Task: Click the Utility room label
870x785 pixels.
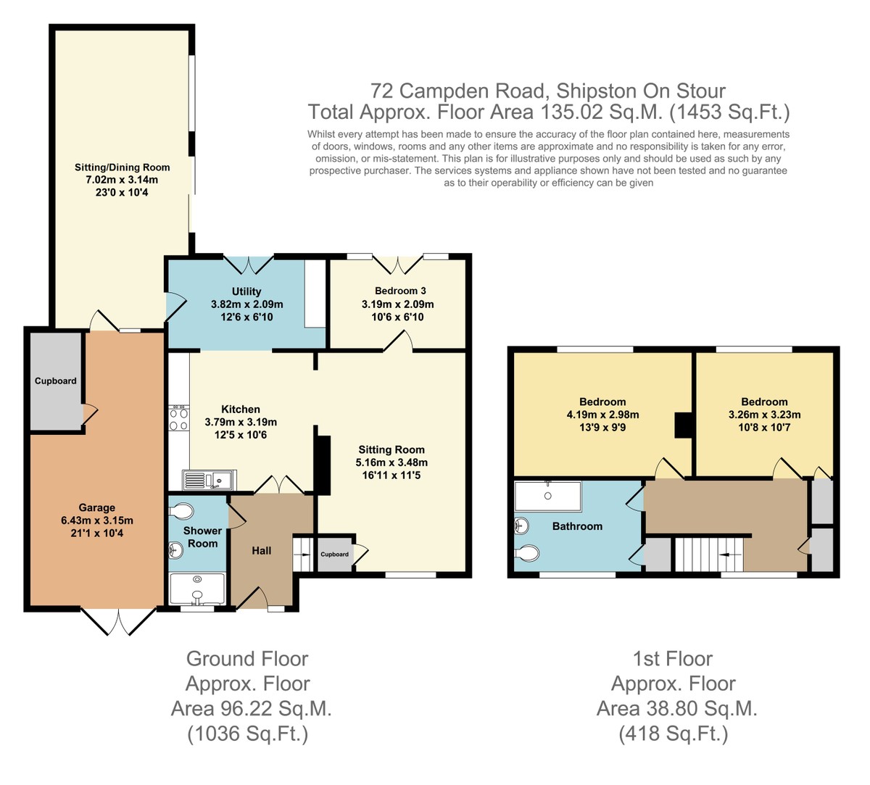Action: (246, 291)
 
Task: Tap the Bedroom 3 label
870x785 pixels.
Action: (400, 291)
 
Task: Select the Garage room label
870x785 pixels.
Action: (96, 507)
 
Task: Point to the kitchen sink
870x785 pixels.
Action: (210, 480)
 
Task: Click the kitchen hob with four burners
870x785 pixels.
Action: (178, 418)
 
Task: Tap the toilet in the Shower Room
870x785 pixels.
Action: (181, 511)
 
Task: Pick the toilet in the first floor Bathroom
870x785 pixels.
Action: (526, 552)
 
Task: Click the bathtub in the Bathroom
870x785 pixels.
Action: (548, 497)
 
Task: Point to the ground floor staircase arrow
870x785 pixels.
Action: (303, 555)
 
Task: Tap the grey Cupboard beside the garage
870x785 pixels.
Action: (56, 381)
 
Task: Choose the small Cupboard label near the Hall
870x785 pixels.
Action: (334, 555)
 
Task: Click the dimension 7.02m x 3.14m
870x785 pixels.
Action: (122, 180)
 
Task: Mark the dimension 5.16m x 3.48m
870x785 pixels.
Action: (391, 462)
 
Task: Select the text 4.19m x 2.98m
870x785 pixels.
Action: (602, 415)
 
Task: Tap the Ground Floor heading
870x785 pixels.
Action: (247, 659)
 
